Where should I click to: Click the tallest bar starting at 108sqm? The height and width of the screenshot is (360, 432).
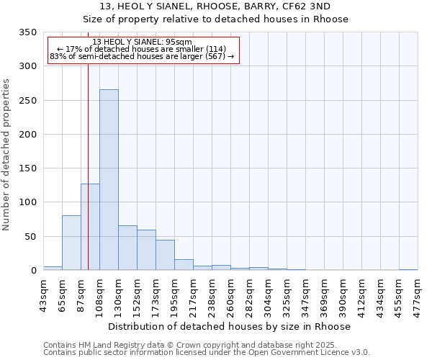[x=109, y=180]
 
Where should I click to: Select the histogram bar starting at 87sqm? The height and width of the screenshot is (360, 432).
[x=90, y=227]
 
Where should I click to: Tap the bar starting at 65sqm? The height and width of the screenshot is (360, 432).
[x=71, y=243]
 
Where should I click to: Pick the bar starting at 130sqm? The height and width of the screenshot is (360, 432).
[x=127, y=248]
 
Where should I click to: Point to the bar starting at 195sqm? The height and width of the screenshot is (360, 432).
[x=184, y=264]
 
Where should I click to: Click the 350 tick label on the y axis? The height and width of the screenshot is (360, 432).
[x=27, y=32]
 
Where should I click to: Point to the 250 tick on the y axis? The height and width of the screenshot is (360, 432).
[x=27, y=101]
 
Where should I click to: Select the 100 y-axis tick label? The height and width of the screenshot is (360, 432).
[x=27, y=202]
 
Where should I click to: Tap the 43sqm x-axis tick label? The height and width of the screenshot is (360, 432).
[x=44, y=294]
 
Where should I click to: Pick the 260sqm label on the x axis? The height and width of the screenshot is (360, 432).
[x=231, y=294]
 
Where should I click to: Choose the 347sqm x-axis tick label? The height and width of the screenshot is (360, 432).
[x=306, y=294]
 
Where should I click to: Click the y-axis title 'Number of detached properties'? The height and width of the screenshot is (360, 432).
[x=7, y=155]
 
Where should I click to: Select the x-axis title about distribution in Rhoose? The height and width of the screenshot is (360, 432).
[x=230, y=326]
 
